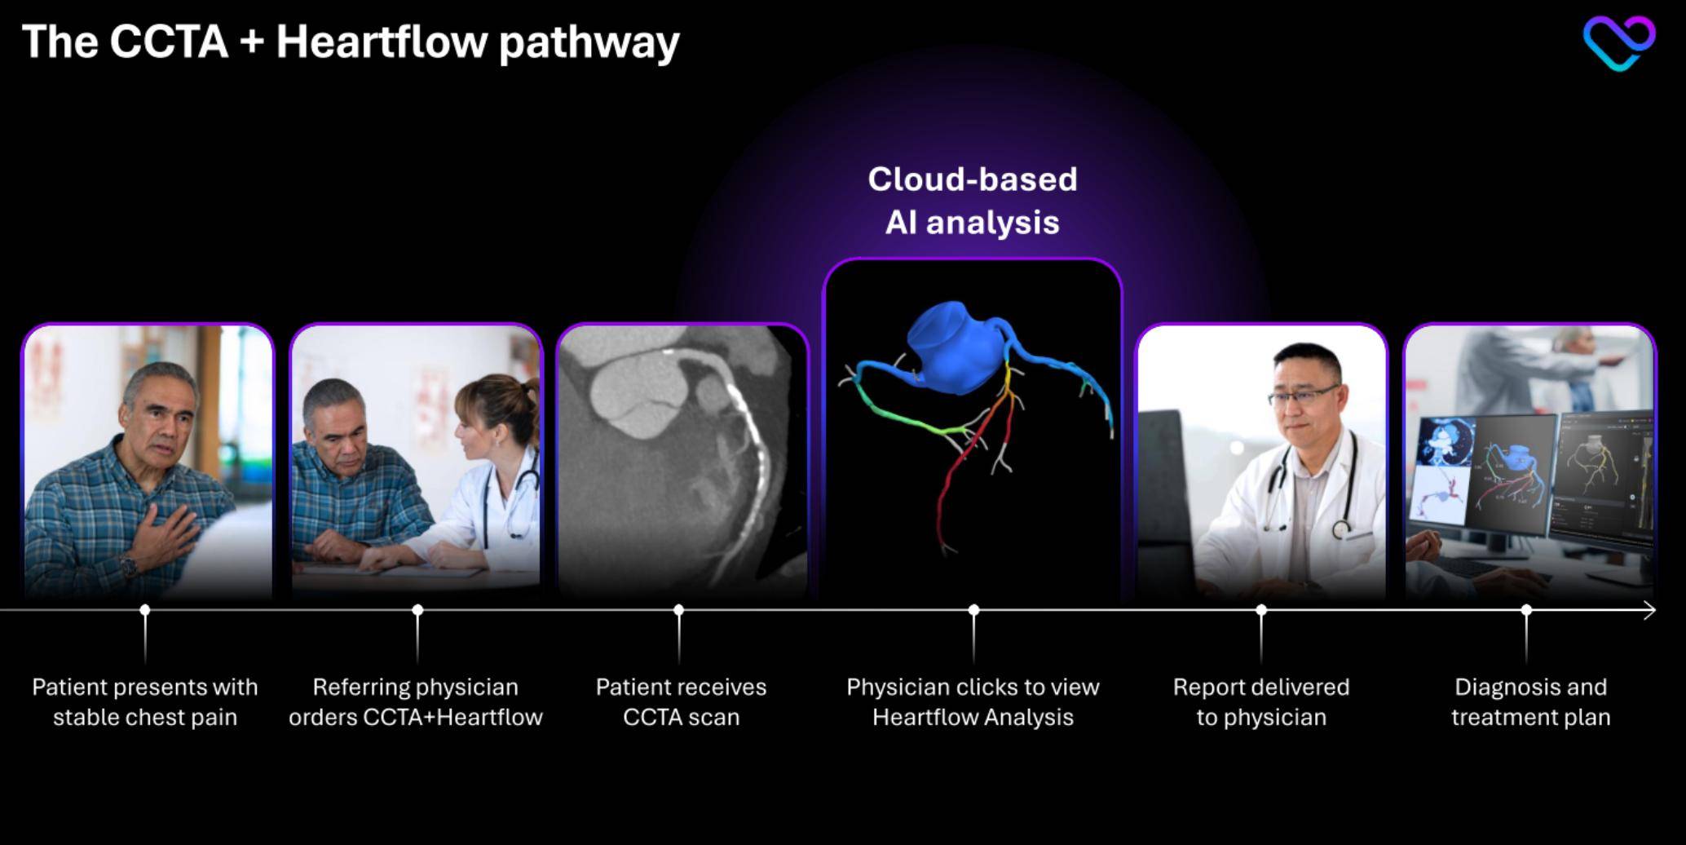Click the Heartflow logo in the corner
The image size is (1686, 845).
1618,42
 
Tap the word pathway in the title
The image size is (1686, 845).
589,44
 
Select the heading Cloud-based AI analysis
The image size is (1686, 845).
973,201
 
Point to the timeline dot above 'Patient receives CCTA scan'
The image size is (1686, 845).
679,610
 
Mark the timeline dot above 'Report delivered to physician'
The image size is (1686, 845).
1261,610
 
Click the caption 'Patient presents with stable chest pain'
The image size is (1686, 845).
145,702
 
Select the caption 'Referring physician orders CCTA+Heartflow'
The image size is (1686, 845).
416,702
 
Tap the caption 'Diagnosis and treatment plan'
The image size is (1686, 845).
1530,702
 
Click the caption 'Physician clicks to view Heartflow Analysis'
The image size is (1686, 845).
973,702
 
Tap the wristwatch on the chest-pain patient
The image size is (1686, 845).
128,564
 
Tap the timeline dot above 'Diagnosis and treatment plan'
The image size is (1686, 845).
1526,610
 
